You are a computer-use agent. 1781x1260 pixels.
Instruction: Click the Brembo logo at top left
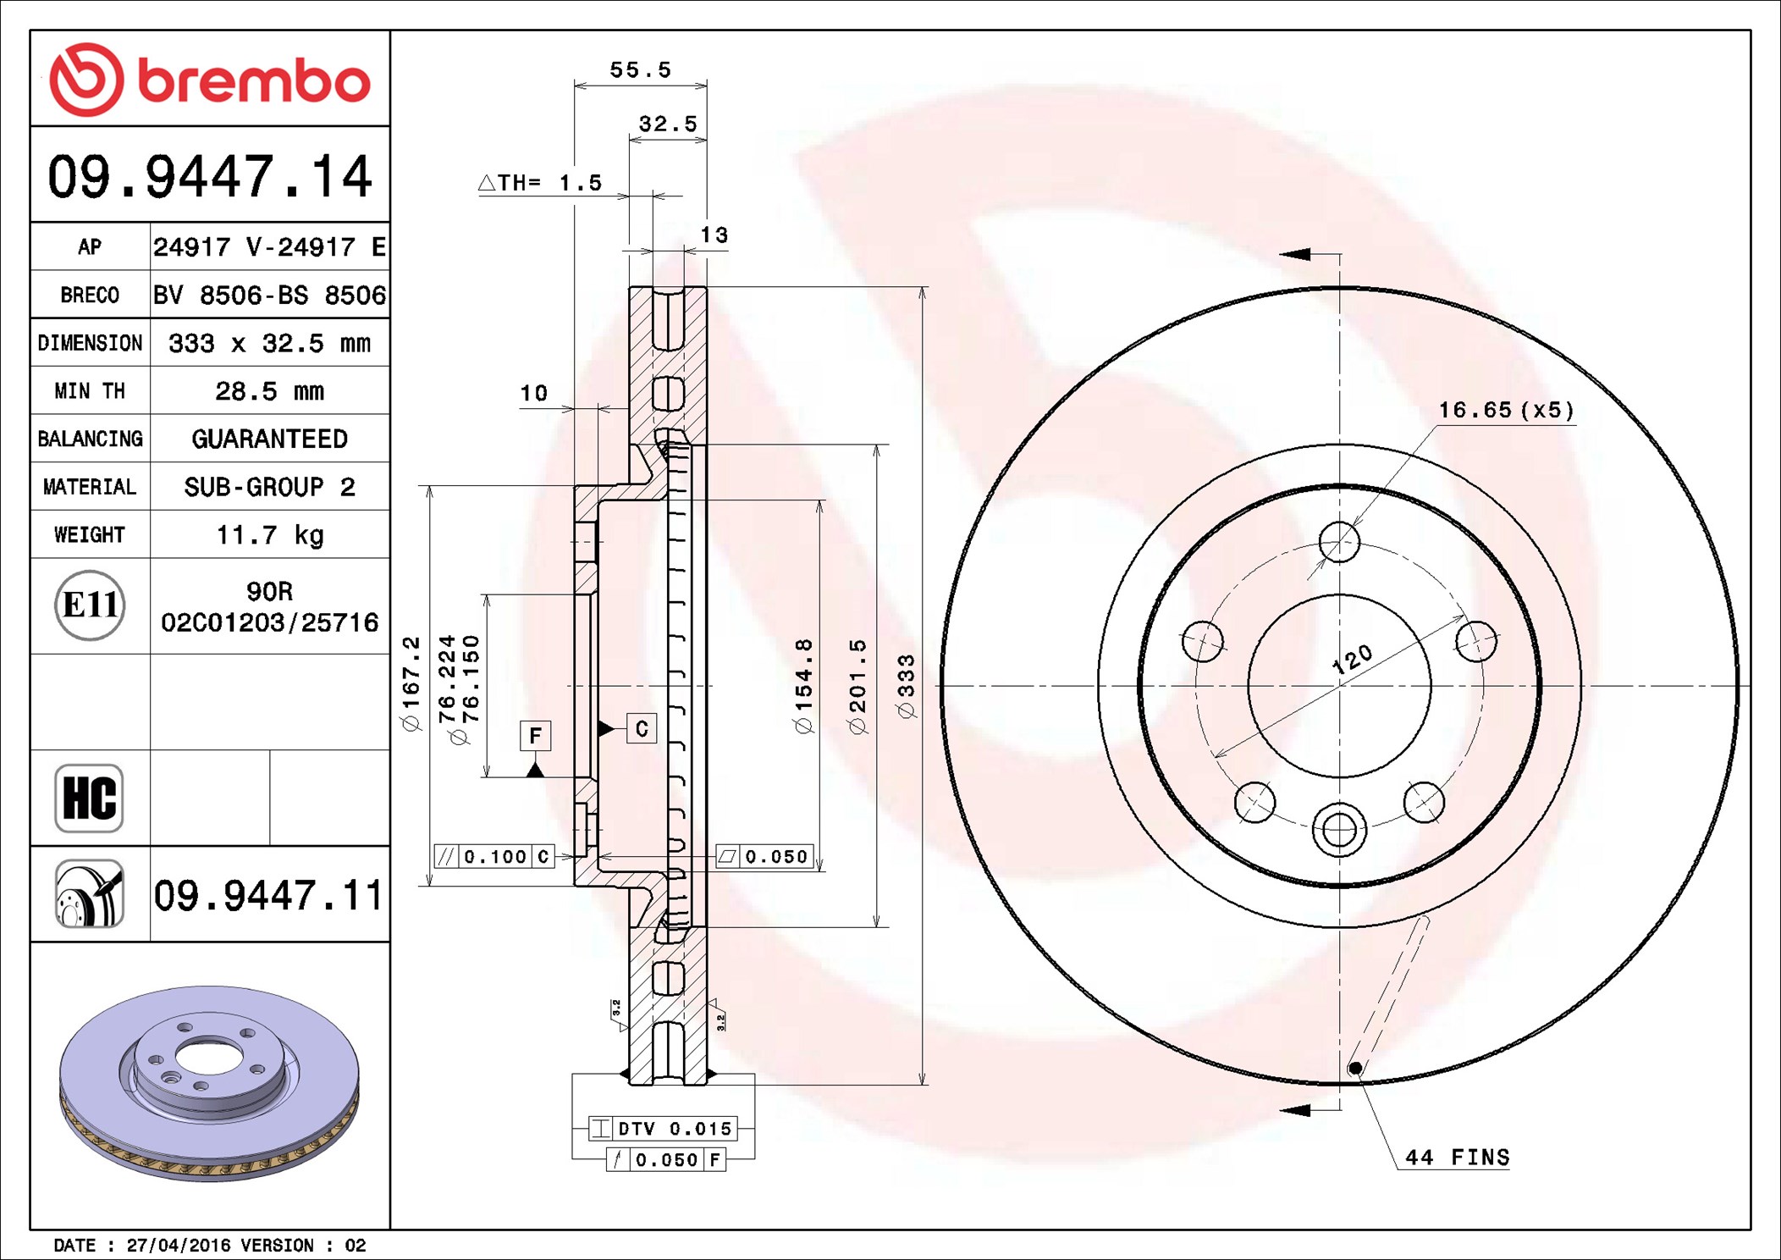(210, 80)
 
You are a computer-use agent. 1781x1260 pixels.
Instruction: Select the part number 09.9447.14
(210, 177)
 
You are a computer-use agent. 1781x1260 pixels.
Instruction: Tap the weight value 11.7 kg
(270, 535)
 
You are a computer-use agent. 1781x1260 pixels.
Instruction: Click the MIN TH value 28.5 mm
(270, 391)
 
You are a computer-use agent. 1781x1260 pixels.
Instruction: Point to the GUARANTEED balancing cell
(270, 439)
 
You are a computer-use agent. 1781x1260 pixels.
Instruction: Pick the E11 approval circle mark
(90, 605)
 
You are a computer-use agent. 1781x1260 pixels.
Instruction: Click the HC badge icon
(89, 798)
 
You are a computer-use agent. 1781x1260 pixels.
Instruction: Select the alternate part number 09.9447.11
(268, 895)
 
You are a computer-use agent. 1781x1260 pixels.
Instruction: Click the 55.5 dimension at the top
(641, 69)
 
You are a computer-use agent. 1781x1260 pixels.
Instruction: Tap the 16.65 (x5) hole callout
(1507, 410)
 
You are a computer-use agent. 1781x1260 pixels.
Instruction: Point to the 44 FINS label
(1458, 1157)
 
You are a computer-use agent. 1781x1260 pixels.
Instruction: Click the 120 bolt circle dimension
(1352, 659)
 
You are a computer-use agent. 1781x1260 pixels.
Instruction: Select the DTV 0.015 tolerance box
(663, 1128)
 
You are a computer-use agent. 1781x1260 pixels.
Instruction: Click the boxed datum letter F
(535, 735)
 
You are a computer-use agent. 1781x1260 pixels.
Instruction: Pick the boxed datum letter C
(642, 728)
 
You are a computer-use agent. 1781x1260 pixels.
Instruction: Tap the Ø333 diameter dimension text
(906, 687)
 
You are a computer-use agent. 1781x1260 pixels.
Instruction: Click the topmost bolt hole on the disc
(1339, 541)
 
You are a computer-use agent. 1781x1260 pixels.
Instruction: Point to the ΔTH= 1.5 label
(540, 182)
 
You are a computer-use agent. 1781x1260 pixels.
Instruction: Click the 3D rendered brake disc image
(210, 1083)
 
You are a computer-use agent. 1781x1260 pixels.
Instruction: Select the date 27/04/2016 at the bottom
(179, 1246)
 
